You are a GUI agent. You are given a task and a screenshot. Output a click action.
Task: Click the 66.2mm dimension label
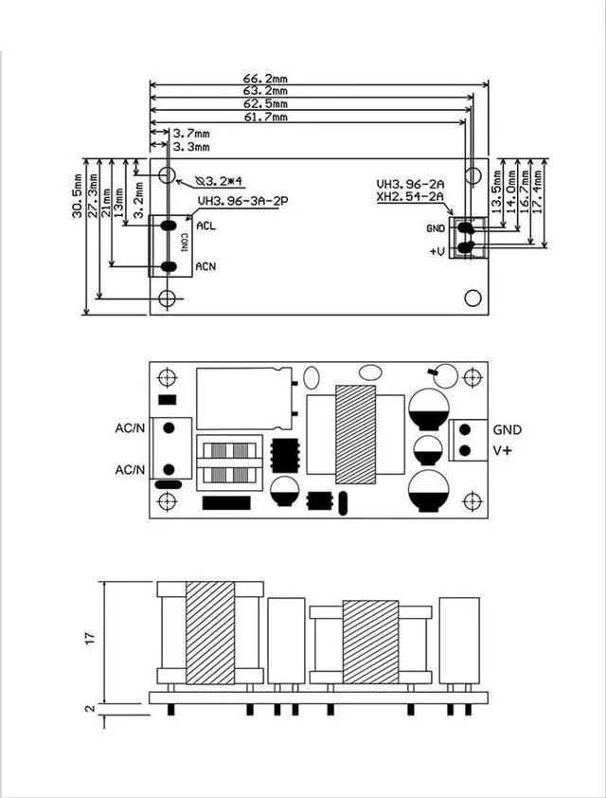tap(266, 78)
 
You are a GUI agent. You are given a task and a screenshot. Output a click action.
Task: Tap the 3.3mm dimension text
tap(192, 147)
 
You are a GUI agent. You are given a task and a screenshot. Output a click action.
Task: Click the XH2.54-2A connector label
tap(409, 197)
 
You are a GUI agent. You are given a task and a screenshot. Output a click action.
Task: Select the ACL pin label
tap(205, 226)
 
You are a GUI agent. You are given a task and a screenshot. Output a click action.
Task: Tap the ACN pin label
tap(205, 267)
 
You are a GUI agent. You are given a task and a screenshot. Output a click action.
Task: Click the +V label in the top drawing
tap(437, 251)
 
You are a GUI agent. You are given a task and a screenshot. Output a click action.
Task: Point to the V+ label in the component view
tap(501, 451)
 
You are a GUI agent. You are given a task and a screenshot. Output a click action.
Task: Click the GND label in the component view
tap(507, 429)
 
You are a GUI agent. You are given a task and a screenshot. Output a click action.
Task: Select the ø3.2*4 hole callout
tap(219, 180)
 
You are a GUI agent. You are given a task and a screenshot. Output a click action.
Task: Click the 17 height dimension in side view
tap(91, 639)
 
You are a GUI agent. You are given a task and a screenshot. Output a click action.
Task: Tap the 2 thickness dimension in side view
tap(91, 708)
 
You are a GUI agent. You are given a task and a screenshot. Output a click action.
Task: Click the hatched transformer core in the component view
tap(355, 434)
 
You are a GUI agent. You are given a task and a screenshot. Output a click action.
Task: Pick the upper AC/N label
tap(131, 427)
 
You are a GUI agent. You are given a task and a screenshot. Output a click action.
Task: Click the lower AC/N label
tap(131, 470)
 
